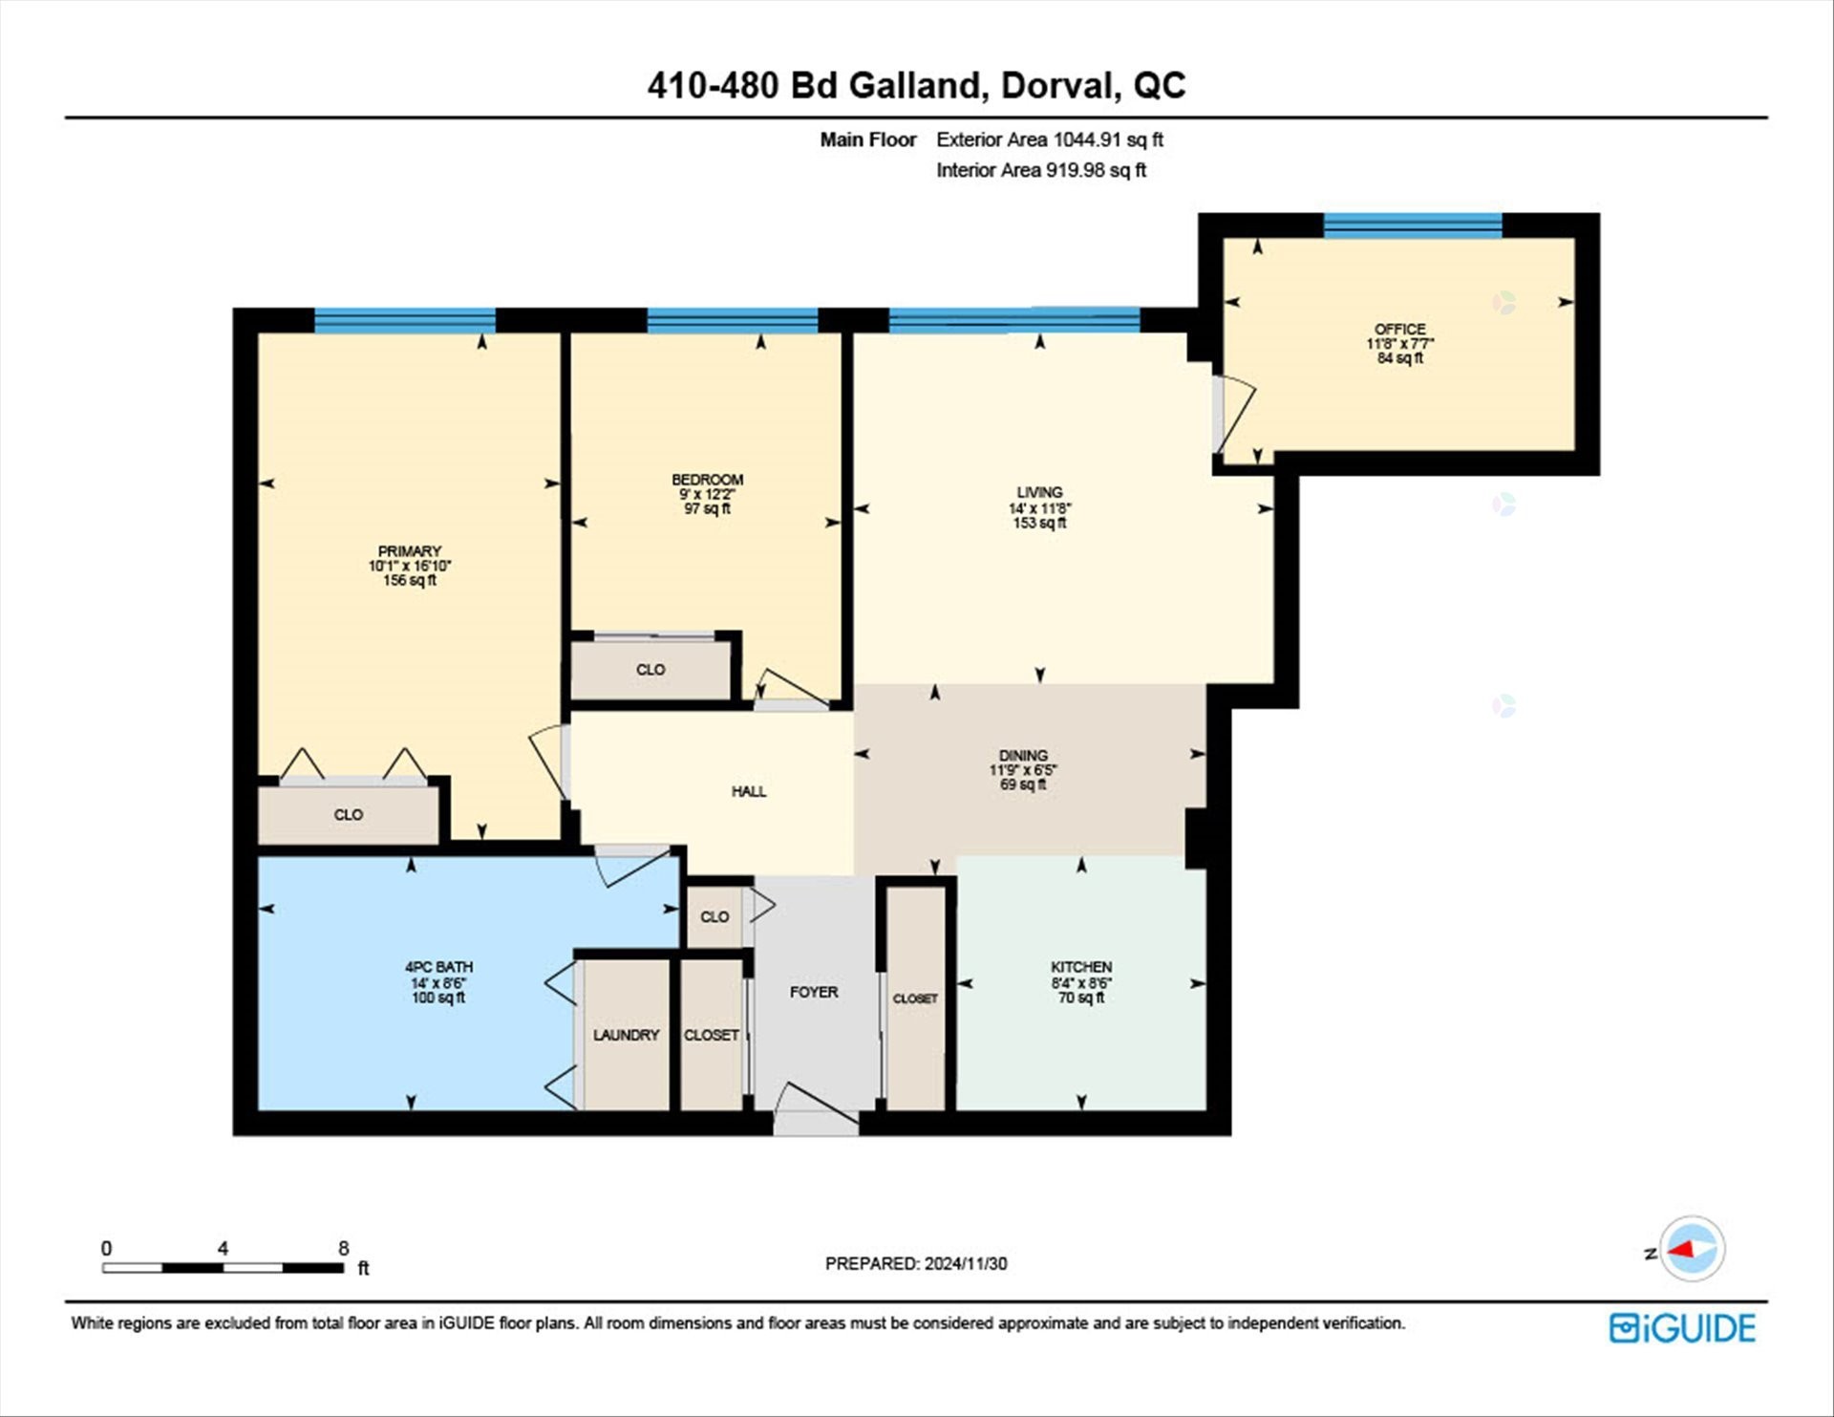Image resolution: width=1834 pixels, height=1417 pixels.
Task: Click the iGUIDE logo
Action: [1682, 1328]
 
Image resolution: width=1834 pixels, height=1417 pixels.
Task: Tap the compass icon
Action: [1692, 1249]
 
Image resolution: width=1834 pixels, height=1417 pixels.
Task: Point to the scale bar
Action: [223, 1268]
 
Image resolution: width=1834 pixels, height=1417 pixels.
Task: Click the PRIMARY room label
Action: [409, 551]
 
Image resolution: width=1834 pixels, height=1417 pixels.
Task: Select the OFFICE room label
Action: [1399, 329]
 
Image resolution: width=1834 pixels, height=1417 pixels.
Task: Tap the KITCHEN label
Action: [1080, 967]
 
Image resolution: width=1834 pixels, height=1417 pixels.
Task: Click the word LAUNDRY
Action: [626, 1035]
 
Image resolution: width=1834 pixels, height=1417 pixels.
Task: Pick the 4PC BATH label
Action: [438, 967]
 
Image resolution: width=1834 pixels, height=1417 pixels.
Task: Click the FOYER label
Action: [814, 992]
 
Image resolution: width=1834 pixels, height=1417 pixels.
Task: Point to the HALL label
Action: [749, 791]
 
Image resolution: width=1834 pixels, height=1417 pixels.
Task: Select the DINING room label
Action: [1023, 755]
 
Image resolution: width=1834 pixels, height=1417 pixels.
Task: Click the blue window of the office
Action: [1412, 225]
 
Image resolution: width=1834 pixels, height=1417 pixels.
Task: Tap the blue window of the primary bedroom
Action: [405, 320]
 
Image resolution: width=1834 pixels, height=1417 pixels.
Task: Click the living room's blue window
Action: [1013, 320]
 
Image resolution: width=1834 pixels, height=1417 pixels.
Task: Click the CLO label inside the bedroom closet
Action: [650, 670]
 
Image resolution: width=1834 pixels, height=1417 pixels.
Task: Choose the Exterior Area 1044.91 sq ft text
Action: [1049, 140]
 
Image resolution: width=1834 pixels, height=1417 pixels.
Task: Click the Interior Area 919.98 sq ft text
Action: [1040, 170]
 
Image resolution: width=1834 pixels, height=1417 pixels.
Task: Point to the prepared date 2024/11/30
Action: [965, 1263]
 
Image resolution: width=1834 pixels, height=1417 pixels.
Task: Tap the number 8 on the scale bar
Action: [344, 1248]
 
